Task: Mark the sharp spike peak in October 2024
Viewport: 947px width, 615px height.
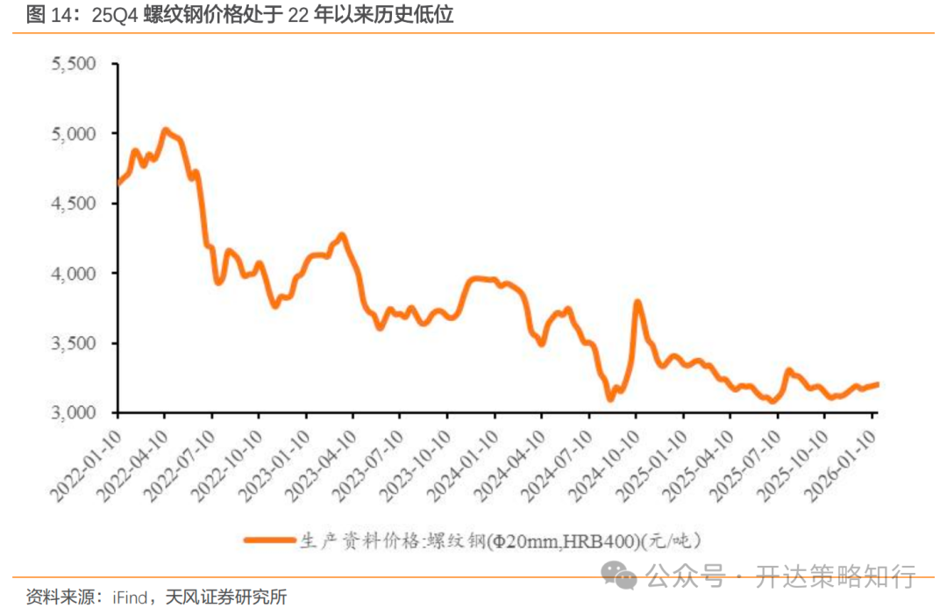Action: [x=637, y=303]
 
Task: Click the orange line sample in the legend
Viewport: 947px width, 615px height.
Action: [x=269, y=540]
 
